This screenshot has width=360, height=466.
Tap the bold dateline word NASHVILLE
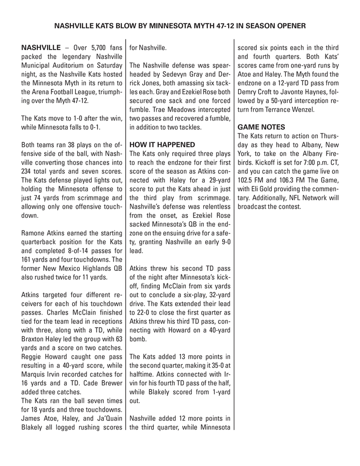[39, 49]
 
